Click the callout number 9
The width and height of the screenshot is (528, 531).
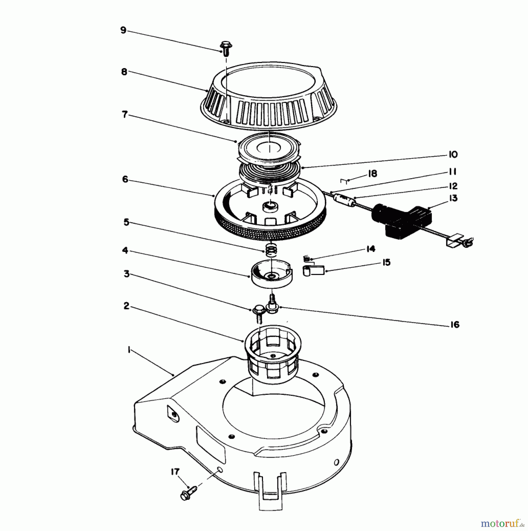123,30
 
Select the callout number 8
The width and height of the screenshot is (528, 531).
124,72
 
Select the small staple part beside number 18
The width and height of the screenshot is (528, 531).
344,180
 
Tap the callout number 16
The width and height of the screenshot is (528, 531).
455,325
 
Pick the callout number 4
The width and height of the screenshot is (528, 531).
125,250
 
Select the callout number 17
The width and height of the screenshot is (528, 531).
175,472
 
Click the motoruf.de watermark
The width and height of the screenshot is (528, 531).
501,523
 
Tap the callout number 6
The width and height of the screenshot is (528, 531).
125,179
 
